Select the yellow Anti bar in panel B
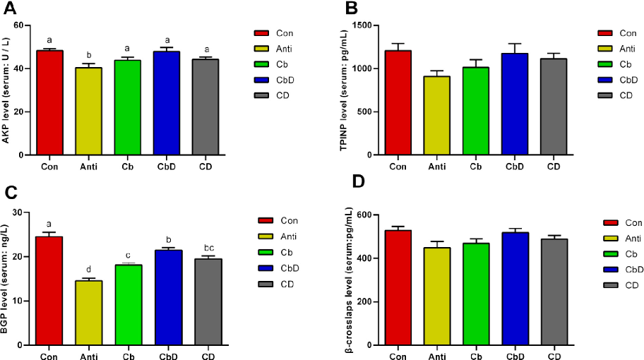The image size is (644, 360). (437, 116)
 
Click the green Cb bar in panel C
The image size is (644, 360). (129, 304)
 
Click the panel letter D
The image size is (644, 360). (359, 181)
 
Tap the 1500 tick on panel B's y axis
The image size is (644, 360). (361, 25)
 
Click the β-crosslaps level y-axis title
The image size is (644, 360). (350, 279)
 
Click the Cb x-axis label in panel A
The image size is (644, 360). (129, 167)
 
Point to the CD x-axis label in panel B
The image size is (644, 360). (554, 167)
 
